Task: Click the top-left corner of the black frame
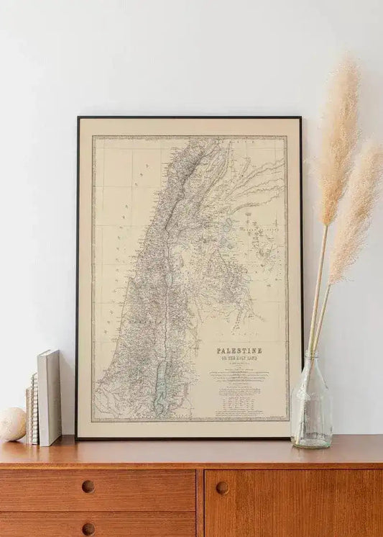[x=78, y=117]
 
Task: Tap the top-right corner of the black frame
[x=300, y=118]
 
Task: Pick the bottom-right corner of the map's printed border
[x=287, y=420]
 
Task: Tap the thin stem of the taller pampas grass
[x=318, y=288]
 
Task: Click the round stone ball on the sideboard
[x=12, y=424]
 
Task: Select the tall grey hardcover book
[x=50, y=397]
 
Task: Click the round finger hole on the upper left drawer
[x=88, y=487]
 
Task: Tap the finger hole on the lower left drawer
[x=88, y=529]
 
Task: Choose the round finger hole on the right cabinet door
[x=222, y=487]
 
